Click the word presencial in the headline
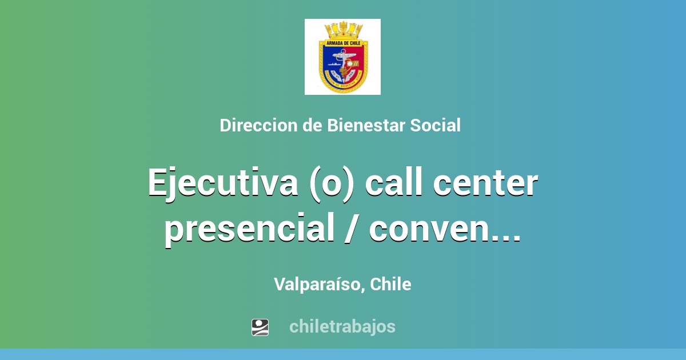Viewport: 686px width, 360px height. click(248, 229)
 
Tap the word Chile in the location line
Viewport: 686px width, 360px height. click(390, 284)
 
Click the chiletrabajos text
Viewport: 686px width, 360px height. click(342, 327)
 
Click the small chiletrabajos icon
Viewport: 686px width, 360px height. click(260, 327)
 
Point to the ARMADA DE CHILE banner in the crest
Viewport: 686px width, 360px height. click(342, 42)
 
